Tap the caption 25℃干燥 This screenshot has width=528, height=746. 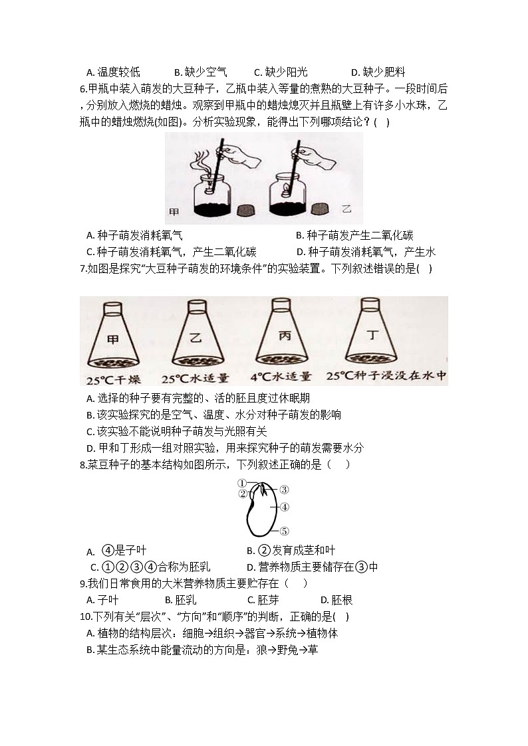[x=112, y=380]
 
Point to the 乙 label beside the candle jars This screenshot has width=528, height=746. [x=346, y=209]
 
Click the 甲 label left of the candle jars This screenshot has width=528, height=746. [x=174, y=212]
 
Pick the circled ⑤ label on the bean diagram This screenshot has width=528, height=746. [x=284, y=531]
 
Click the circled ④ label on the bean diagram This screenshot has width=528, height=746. [x=284, y=508]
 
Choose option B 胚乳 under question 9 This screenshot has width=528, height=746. [x=184, y=600]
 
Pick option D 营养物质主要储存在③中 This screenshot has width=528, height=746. [x=312, y=567]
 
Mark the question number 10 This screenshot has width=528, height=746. [x=84, y=616]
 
